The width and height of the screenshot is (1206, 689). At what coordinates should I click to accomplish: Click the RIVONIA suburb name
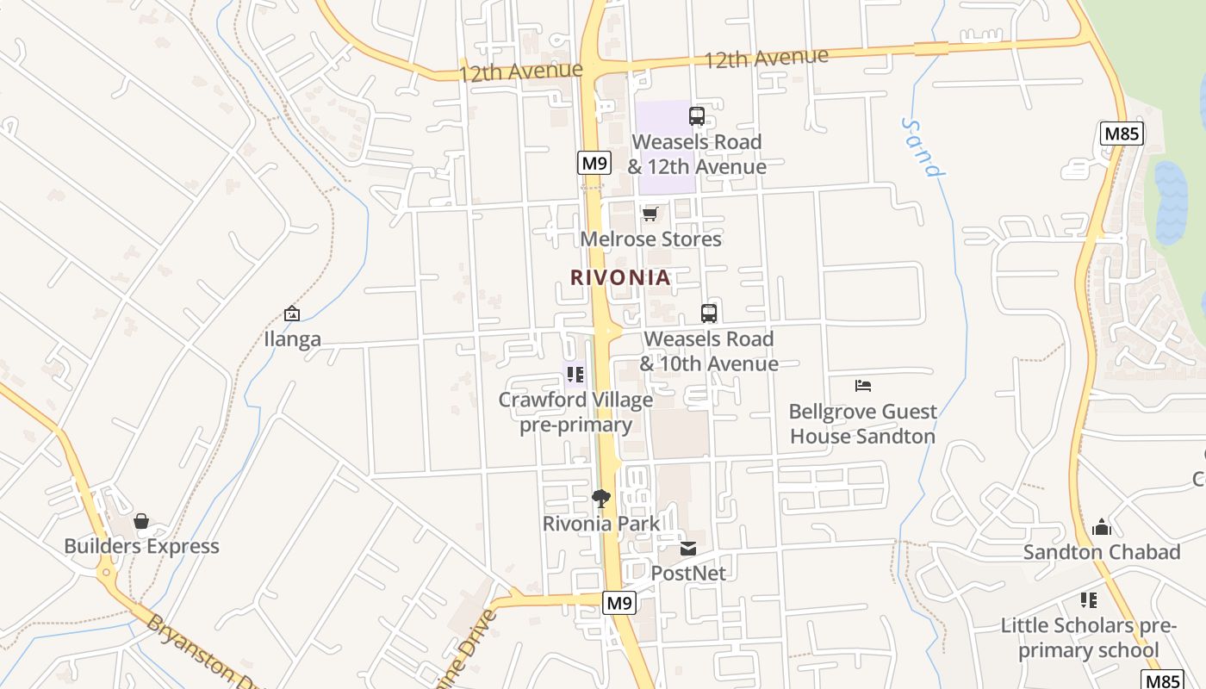[x=620, y=277]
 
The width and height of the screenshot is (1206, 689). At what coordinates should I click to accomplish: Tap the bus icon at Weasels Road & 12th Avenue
[x=697, y=116]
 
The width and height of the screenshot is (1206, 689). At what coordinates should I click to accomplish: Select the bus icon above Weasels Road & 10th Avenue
[x=709, y=313]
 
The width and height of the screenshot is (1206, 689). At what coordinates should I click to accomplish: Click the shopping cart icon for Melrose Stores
[x=650, y=214]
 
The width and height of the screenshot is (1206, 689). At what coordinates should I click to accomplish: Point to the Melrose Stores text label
[x=651, y=239]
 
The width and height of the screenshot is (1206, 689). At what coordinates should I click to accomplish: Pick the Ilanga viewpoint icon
[x=292, y=314]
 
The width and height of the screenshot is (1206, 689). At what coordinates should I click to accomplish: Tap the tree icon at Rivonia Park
[x=601, y=498]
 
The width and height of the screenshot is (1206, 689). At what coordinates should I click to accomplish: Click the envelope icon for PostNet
[x=687, y=548]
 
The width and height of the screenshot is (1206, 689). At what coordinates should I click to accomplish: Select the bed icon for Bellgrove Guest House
[x=863, y=386]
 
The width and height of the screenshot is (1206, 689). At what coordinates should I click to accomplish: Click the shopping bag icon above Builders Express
[x=141, y=521]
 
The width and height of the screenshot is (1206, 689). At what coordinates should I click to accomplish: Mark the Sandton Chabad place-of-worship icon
[x=1101, y=527]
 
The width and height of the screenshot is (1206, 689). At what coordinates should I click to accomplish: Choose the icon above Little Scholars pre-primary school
[x=1089, y=600]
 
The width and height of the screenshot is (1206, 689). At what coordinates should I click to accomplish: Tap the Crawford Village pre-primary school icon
[x=575, y=375]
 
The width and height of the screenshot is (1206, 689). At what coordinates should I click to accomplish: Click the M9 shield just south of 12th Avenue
[x=594, y=163]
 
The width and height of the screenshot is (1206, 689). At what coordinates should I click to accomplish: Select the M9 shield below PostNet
[x=619, y=603]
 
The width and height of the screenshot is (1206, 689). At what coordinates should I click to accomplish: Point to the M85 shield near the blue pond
[x=1122, y=133]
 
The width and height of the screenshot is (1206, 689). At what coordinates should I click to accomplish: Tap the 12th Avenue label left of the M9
[x=520, y=71]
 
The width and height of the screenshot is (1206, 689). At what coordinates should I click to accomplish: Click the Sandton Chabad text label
[x=1102, y=552]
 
